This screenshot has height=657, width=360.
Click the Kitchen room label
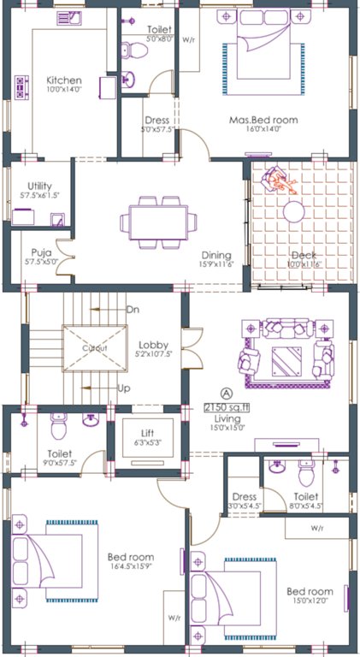point(62,80)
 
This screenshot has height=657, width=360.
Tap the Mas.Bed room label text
point(263,121)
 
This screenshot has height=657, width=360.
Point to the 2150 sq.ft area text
point(226,406)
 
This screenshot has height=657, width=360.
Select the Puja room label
point(42,252)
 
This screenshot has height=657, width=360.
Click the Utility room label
point(40,186)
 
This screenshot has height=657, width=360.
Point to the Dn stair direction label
point(133,309)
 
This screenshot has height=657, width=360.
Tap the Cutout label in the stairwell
point(94,349)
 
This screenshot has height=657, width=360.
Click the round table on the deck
point(294,210)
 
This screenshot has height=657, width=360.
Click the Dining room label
point(216,255)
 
